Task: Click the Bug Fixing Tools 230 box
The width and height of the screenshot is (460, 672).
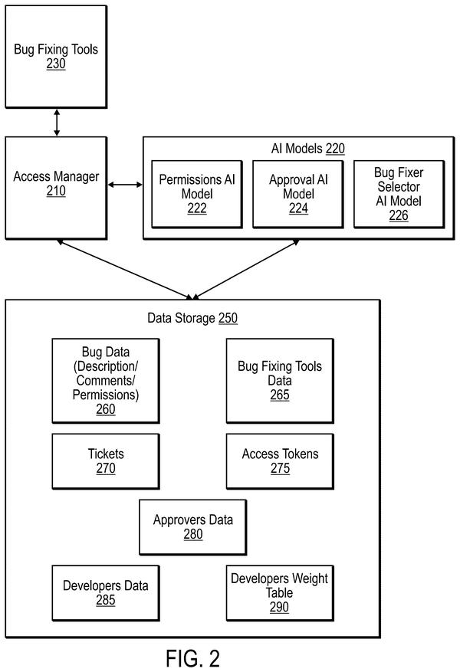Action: (56, 57)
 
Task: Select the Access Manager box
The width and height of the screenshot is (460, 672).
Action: (56, 188)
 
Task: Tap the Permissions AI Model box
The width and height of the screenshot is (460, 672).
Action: (197, 194)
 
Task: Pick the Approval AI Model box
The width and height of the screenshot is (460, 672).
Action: (298, 194)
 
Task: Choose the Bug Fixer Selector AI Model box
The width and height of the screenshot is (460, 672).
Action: (399, 194)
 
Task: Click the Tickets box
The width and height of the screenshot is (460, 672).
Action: (106, 461)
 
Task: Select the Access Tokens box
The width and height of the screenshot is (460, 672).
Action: (280, 461)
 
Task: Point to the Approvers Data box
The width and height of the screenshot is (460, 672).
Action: (193, 527)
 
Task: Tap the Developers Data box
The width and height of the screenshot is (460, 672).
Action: (106, 593)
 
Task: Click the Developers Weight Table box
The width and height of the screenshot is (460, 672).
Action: (280, 593)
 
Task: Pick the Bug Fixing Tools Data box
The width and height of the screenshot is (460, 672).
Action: (280, 381)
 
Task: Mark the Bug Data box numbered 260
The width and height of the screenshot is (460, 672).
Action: (106, 381)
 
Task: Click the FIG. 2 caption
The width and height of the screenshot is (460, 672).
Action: (193, 658)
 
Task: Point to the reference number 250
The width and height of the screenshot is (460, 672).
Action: (228, 318)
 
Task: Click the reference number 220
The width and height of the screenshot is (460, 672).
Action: (335, 149)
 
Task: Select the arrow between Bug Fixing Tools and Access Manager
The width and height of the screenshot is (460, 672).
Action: (57, 123)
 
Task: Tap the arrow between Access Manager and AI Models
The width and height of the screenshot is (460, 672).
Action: (125, 185)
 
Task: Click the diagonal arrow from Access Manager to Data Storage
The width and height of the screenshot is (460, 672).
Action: (125, 270)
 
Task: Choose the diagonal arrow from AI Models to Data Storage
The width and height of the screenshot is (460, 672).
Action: (245, 270)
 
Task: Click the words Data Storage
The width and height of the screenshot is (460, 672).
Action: (182, 318)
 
